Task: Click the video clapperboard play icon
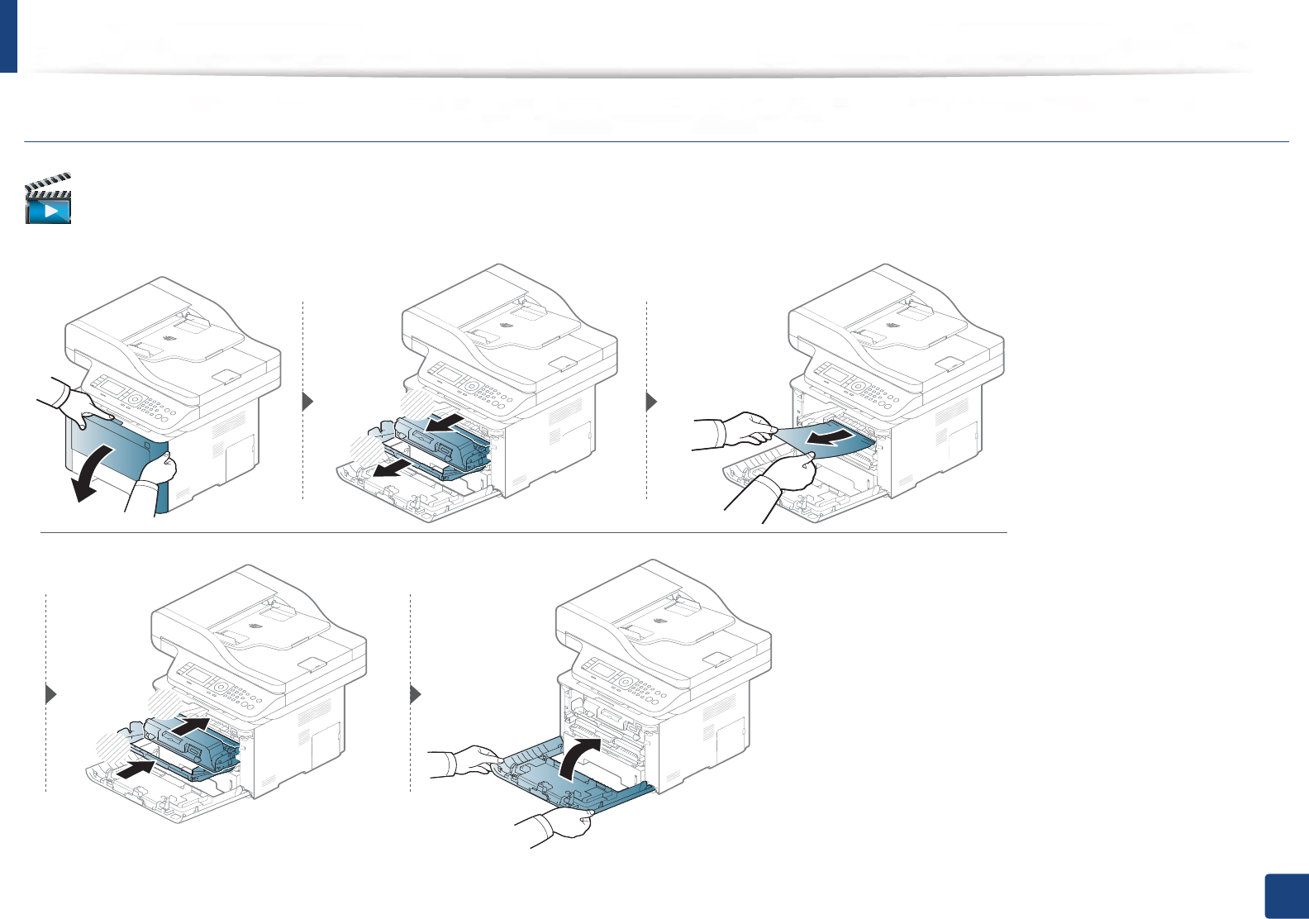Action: click(49, 199)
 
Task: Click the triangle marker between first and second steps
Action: click(308, 402)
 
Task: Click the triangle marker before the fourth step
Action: click(51, 694)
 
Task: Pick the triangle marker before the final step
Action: click(416, 694)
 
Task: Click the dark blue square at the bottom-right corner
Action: click(1286, 896)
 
